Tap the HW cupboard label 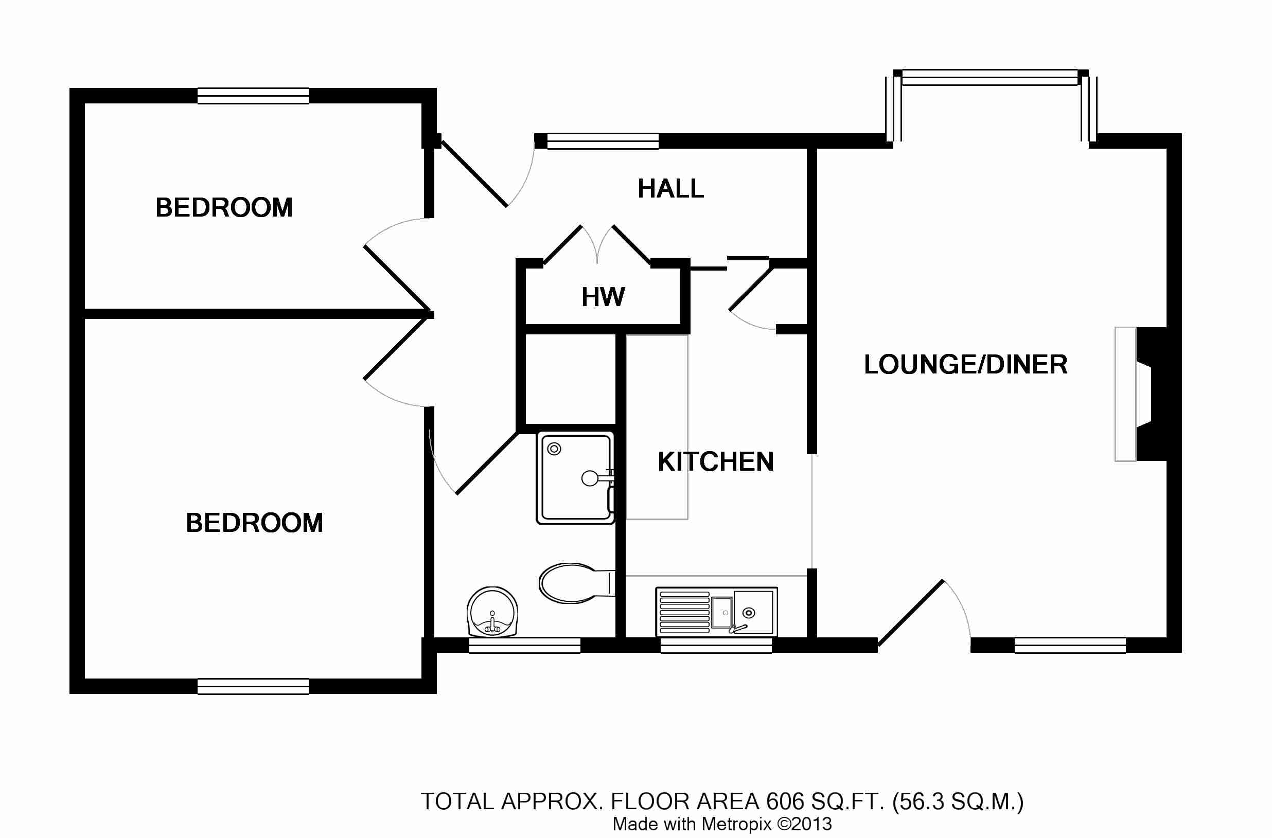click(603, 297)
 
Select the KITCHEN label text click(715, 462)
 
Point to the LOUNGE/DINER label click(965, 365)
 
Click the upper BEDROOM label click(224, 207)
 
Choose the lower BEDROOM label click(254, 523)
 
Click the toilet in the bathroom click(575, 583)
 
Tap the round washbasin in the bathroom click(492, 613)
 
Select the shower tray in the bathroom click(576, 478)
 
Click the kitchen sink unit click(716, 612)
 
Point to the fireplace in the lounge click(1143, 394)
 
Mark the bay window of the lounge click(991, 78)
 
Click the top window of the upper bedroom click(253, 96)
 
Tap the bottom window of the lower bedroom click(253, 686)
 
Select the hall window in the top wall click(603, 141)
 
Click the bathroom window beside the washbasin click(524, 645)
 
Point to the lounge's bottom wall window click(1070, 645)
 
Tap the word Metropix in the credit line click(736, 824)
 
